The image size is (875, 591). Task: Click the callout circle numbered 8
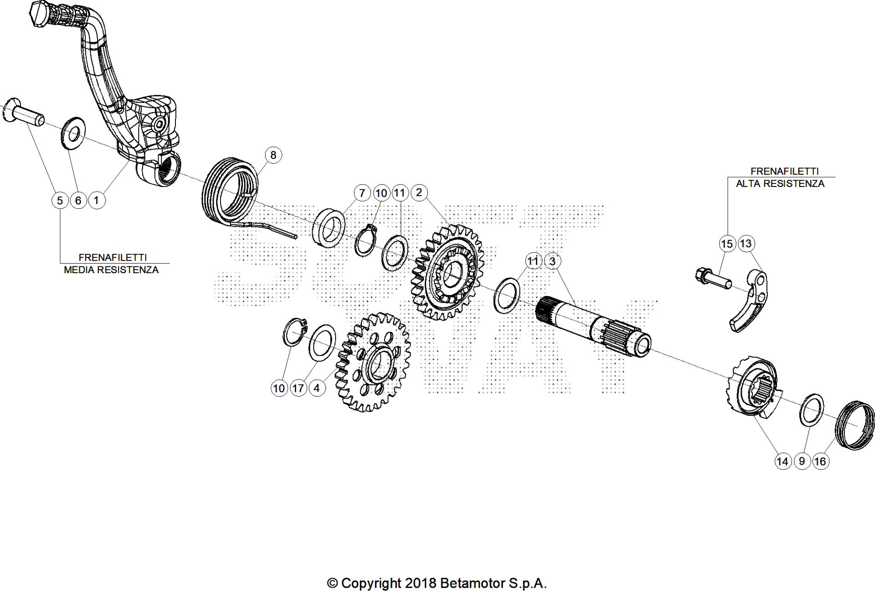273,155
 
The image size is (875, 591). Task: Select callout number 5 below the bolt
60,200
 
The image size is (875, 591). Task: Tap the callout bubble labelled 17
298,388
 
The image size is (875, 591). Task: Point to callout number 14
782,461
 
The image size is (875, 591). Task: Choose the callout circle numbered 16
820,461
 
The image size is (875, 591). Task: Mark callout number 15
727,244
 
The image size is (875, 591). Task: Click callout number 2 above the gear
419,192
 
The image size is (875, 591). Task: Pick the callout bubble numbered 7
362,193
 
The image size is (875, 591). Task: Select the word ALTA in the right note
748,184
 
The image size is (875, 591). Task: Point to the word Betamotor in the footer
473,583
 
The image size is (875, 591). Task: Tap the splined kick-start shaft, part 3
592,324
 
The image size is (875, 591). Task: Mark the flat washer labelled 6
72,132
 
